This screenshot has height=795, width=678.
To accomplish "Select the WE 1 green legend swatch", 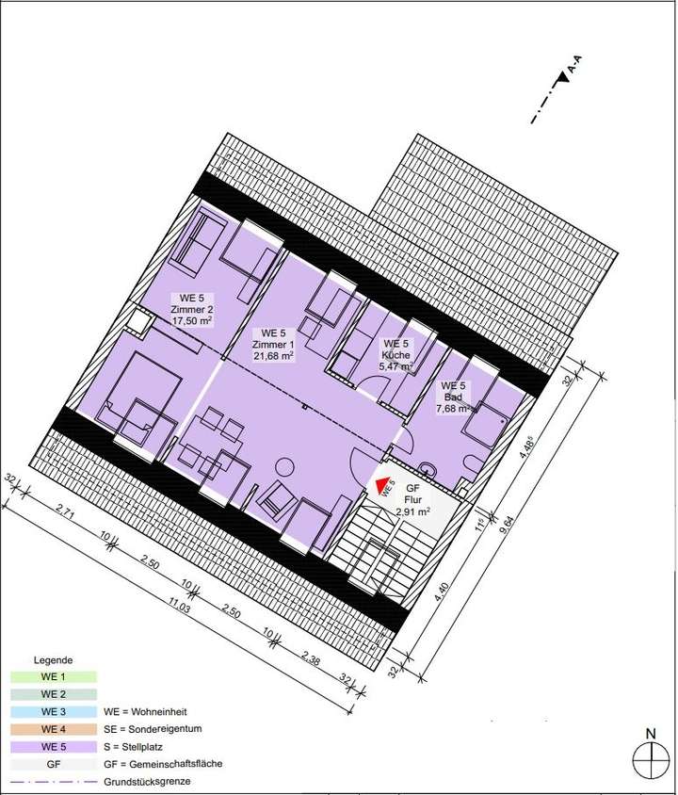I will tap(53, 677).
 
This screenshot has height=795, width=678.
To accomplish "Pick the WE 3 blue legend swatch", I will tap(53, 711).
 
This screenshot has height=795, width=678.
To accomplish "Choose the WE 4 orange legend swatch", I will tap(53, 728).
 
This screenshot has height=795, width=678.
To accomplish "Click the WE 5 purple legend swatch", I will tap(53, 746).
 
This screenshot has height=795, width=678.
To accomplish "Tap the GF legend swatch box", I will tap(53, 763).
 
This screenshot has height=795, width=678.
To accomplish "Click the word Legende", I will tap(54, 660).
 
